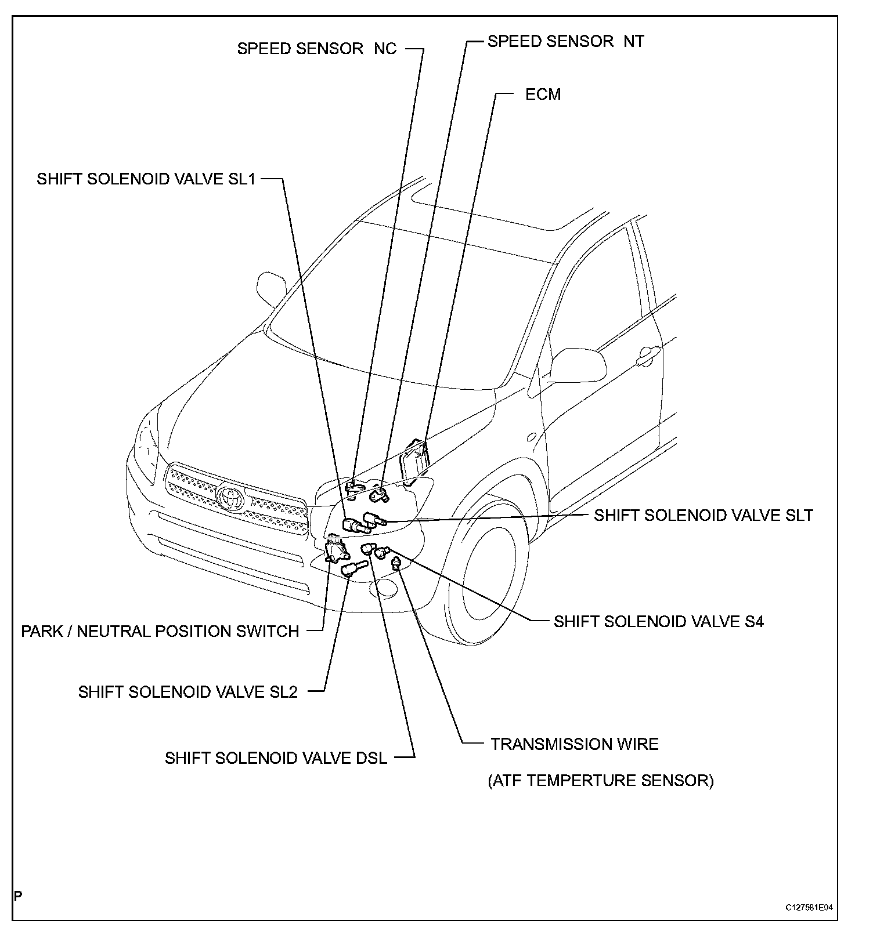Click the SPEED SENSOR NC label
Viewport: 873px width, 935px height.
click(316, 49)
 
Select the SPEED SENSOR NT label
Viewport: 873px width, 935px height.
click(565, 42)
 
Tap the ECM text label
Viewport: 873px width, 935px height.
click(543, 95)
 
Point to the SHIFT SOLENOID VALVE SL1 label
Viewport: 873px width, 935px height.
click(146, 179)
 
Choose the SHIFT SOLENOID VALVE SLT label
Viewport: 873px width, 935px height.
click(703, 515)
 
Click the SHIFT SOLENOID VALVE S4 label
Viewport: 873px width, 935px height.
click(658, 622)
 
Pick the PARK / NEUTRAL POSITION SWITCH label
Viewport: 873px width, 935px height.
click(160, 631)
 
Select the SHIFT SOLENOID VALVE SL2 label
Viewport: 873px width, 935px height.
click(187, 692)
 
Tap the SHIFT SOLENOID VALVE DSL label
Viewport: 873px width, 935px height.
click(276, 758)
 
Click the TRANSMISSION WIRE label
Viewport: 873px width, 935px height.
click(574, 744)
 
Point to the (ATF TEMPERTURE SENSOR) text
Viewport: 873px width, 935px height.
click(600, 781)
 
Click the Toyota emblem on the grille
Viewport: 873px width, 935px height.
click(232, 498)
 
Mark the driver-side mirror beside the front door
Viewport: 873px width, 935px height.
click(577, 364)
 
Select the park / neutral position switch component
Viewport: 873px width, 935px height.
click(335, 549)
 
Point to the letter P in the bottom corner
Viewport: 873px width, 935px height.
click(19, 896)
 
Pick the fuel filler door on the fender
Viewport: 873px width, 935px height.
click(531, 436)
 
